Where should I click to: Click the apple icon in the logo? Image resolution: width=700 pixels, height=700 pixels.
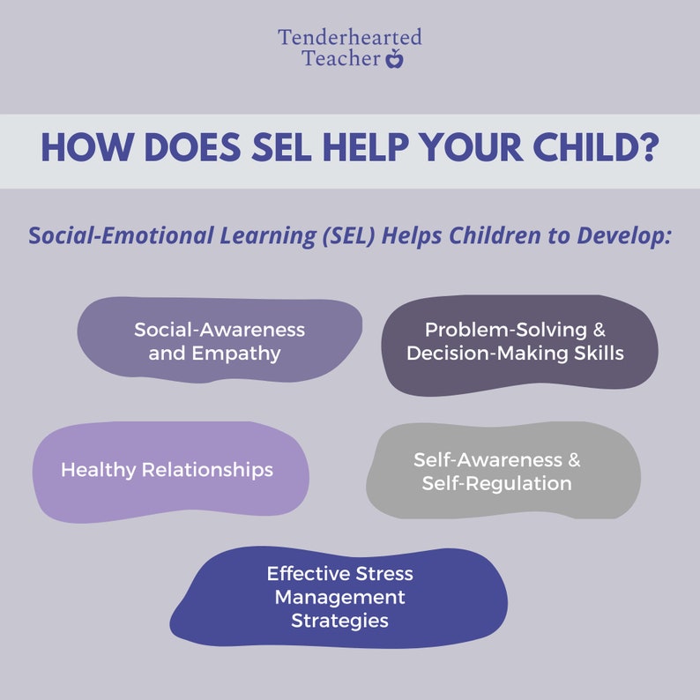(x=395, y=59)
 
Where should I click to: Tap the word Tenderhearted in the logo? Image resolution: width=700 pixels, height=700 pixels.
(x=350, y=38)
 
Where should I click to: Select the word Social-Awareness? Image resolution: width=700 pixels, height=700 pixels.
(x=220, y=330)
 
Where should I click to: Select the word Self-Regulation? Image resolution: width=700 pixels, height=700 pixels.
(x=497, y=483)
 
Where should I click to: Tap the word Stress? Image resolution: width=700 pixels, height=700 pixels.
(x=381, y=574)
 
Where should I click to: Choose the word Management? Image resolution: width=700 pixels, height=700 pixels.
(x=340, y=597)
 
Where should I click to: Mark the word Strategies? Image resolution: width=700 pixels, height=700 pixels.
(x=340, y=620)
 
